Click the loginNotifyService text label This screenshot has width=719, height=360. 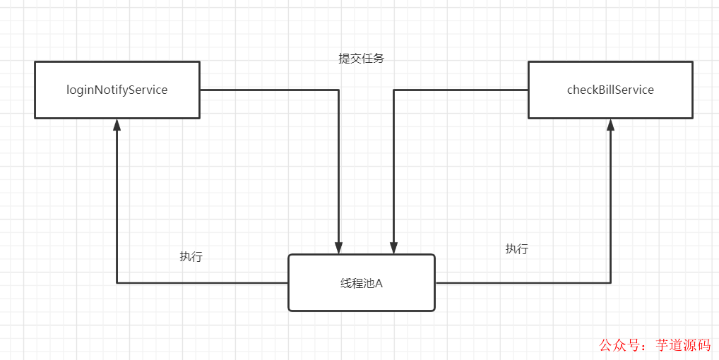[117, 90]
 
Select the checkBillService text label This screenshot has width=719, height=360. [610, 90]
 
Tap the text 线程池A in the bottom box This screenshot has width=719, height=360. [361, 283]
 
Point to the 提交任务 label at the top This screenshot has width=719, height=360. [362, 59]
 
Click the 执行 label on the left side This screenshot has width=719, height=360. [191, 257]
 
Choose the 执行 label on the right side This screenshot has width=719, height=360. [516, 249]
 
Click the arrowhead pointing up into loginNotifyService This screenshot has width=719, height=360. [117, 125]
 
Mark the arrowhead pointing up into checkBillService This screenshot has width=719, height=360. [610, 125]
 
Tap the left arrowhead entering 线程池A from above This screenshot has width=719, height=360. [339, 247]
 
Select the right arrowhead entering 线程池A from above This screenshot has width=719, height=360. [393, 247]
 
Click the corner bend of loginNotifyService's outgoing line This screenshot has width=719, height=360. [339, 90]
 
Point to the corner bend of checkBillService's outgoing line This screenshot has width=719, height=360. [393, 90]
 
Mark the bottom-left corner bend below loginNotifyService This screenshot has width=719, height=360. [117, 283]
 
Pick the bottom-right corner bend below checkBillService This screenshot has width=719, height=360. [610, 283]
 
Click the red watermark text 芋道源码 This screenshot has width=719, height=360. [683, 345]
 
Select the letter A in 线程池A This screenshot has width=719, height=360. [379, 283]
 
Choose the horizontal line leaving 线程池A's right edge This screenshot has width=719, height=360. [523, 283]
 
